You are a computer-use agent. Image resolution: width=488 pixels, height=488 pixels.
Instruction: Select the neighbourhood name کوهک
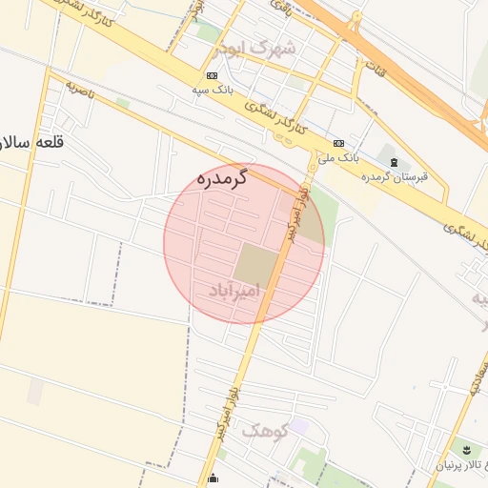click(264, 431)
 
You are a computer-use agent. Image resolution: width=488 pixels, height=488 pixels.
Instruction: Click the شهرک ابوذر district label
click(255, 47)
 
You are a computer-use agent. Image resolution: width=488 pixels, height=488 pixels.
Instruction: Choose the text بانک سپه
click(212, 89)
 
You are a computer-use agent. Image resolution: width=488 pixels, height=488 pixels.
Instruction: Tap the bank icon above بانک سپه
click(211, 75)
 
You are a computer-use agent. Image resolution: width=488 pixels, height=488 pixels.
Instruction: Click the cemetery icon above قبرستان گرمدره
click(396, 161)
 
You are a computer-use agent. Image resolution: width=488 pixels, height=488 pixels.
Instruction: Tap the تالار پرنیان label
click(461, 464)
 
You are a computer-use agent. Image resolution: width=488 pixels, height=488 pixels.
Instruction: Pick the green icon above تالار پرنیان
click(466, 449)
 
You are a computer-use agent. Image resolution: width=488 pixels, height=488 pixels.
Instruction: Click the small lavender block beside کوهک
click(298, 425)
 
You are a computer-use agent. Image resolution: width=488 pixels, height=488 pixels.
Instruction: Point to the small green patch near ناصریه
click(122, 102)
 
